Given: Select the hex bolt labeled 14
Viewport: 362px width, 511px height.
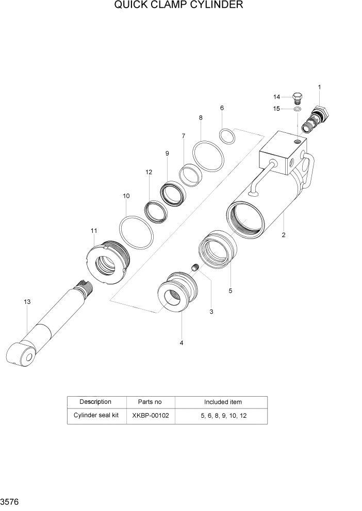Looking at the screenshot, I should tap(298, 98).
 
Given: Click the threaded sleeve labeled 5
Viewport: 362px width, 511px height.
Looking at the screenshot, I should tap(218, 249).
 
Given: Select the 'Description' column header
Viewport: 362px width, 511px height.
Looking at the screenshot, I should tap(96, 402).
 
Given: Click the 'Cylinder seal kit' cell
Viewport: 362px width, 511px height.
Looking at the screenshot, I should tap(96, 415).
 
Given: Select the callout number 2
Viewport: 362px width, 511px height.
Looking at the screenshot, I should tap(283, 235).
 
